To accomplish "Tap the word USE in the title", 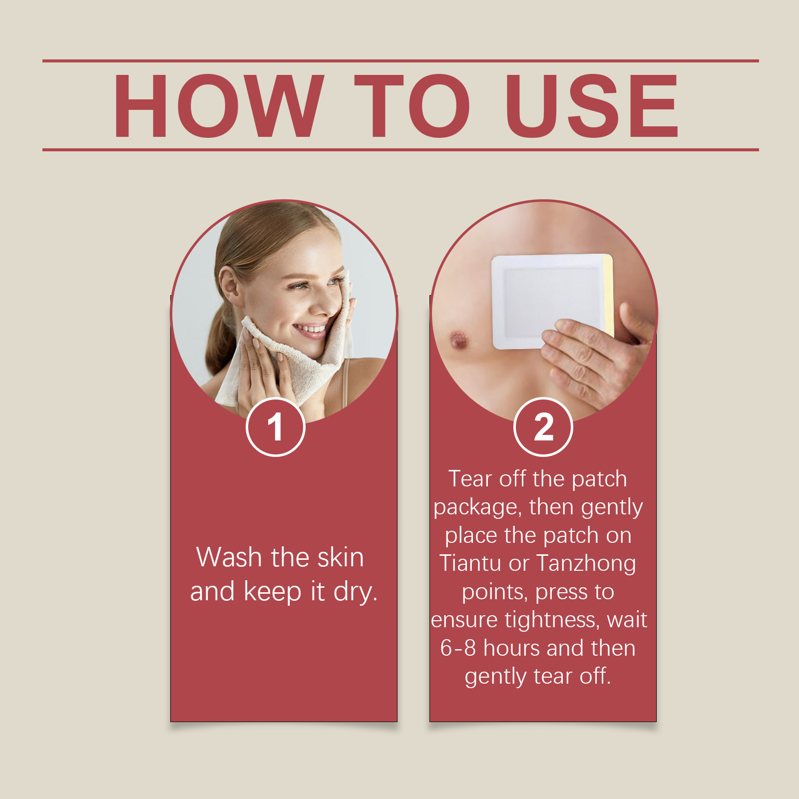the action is pyautogui.click(x=592, y=105).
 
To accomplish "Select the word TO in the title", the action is pyautogui.click(x=412, y=105).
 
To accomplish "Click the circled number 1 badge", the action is pyautogui.click(x=275, y=427).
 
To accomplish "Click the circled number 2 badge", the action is pyautogui.click(x=543, y=427).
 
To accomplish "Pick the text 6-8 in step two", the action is pyautogui.click(x=458, y=648).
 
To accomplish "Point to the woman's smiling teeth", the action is pyautogui.click(x=310, y=329).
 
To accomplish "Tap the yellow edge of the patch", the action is pyautogui.click(x=608, y=295).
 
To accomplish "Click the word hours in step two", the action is pyautogui.click(x=512, y=648).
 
